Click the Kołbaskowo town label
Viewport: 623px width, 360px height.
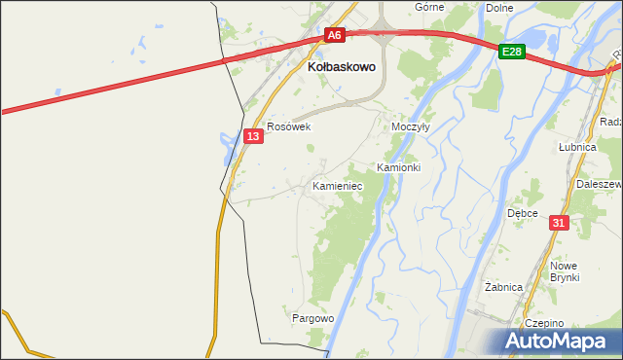(x=336, y=69)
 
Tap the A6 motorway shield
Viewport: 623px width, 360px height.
(x=335, y=35)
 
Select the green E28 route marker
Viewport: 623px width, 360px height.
(x=512, y=51)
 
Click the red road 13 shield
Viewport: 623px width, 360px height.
(x=253, y=137)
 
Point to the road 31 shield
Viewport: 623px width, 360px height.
(x=558, y=223)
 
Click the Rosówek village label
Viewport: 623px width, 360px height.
(x=288, y=126)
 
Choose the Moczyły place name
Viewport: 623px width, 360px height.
(x=410, y=127)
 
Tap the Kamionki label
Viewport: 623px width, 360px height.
(x=398, y=167)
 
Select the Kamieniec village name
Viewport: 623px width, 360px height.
(x=337, y=185)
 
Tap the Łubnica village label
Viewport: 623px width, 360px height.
(x=576, y=146)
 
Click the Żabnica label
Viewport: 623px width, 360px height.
(x=504, y=287)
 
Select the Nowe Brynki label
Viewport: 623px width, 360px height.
(x=565, y=271)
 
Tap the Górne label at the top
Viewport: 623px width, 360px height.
(x=429, y=7)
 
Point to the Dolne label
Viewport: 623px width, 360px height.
(x=498, y=7)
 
